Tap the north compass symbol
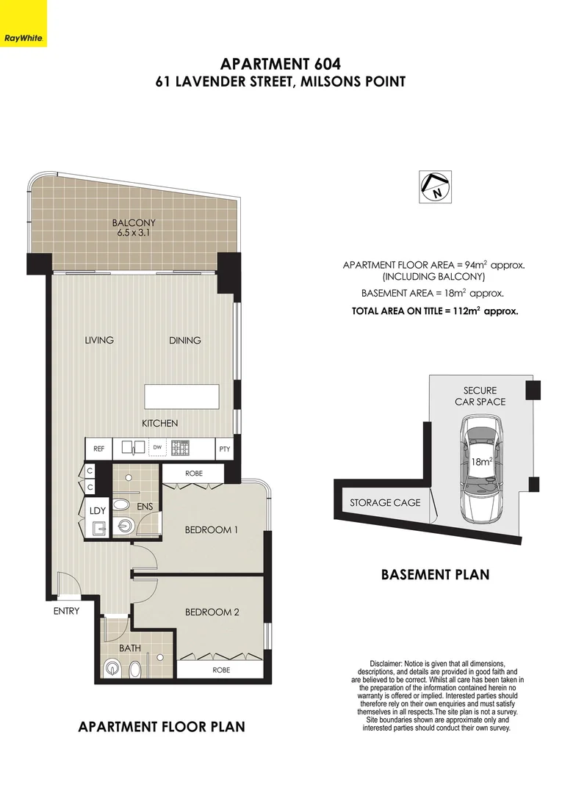click(x=434, y=188)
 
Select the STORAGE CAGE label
click(x=385, y=502)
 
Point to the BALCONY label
click(x=134, y=223)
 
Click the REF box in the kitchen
click(x=98, y=448)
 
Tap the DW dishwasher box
click(x=156, y=446)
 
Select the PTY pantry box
click(x=224, y=448)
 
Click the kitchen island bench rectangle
click(x=183, y=396)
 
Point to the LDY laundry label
click(x=96, y=510)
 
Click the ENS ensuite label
click(x=144, y=507)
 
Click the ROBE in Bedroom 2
click(x=221, y=670)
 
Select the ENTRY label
click(x=65, y=611)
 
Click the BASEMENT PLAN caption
click(x=435, y=574)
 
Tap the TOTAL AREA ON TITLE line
click(x=435, y=311)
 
